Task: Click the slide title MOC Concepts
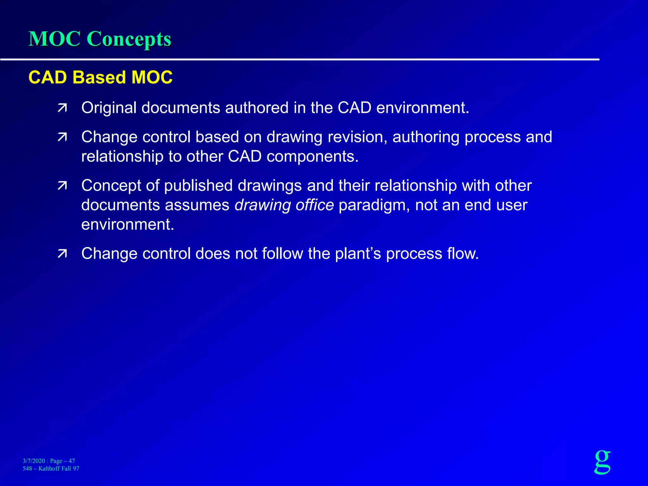(x=100, y=39)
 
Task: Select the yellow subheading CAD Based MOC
(x=100, y=77)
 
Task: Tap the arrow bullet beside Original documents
(x=62, y=108)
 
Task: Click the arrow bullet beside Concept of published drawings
(x=62, y=186)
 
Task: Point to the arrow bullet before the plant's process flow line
(x=62, y=254)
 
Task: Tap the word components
(x=312, y=156)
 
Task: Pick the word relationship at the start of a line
(x=122, y=156)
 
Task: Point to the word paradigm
(x=374, y=205)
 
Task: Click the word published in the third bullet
(x=198, y=186)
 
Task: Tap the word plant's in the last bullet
(x=358, y=254)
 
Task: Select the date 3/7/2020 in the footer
(x=34, y=461)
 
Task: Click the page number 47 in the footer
(x=72, y=461)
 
